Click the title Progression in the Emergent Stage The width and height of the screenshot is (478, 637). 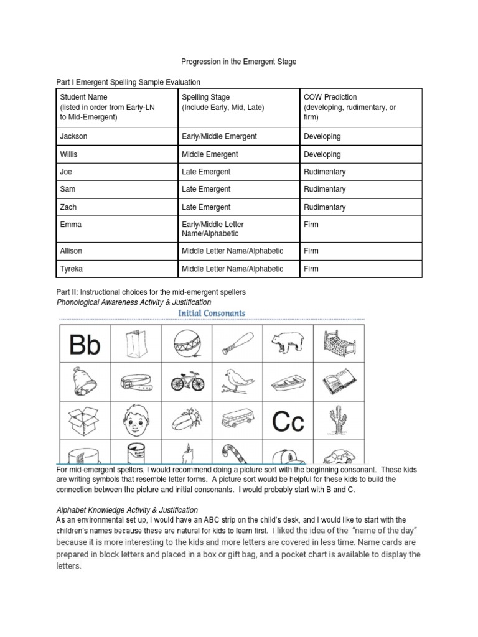pos(239,62)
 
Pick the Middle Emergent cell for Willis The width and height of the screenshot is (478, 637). pos(210,154)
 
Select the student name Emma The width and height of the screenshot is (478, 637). pos(70,225)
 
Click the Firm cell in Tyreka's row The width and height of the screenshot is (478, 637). pos(311,269)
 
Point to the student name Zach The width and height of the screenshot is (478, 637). pos(69,207)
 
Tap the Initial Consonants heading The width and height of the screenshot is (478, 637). pos(212,314)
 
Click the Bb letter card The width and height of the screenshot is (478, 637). pos(85,344)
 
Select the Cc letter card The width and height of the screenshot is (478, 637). pos(288,422)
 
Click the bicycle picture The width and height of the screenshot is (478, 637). pos(187,382)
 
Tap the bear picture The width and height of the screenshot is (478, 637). pos(288,343)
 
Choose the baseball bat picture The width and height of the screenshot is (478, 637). pos(237,343)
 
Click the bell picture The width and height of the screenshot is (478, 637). pos(85,382)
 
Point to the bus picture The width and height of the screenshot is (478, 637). pos(237,422)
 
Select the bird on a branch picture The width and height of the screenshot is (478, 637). pos(237,382)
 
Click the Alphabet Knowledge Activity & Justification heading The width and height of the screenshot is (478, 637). pos(127,510)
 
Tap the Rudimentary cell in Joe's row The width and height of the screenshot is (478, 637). pos(324,172)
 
